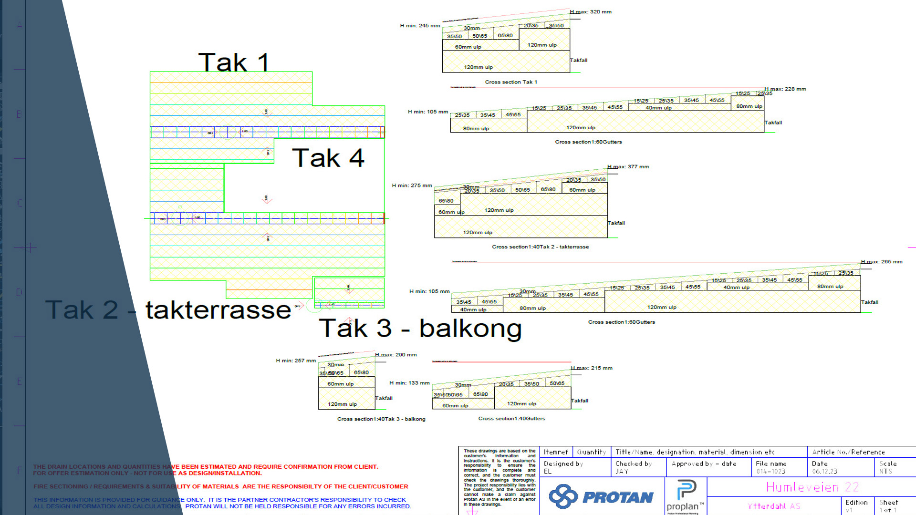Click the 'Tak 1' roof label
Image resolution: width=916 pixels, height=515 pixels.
click(x=234, y=62)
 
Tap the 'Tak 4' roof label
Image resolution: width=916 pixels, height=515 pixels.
click(x=328, y=158)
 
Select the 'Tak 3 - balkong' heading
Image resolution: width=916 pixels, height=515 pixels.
click(x=420, y=328)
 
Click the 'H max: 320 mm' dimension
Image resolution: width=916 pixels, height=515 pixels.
click(x=591, y=12)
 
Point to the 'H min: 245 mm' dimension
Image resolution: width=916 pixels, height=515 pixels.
click(x=420, y=26)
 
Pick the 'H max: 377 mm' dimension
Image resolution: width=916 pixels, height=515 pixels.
click(x=628, y=167)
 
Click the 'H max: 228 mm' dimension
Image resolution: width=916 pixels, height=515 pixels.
click(x=785, y=89)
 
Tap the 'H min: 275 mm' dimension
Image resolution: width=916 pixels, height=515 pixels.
click(x=412, y=185)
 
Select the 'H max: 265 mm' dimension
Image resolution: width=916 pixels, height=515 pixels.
click(x=882, y=262)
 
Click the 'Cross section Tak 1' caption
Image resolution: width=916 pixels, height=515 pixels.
click(x=511, y=82)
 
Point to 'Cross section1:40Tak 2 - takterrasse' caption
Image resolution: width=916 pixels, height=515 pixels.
click(x=540, y=247)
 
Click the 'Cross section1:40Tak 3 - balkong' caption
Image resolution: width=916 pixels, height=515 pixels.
click(x=381, y=419)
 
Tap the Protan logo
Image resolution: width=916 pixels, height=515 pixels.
click(x=601, y=497)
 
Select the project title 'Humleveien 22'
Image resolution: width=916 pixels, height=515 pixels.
click(x=812, y=487)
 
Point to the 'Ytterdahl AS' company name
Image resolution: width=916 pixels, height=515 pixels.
click(x=774, y=506)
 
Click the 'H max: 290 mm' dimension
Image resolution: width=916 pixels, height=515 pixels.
click(x=396, y=355)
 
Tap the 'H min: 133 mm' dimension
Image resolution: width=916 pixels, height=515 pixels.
click(x=409, y=383)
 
